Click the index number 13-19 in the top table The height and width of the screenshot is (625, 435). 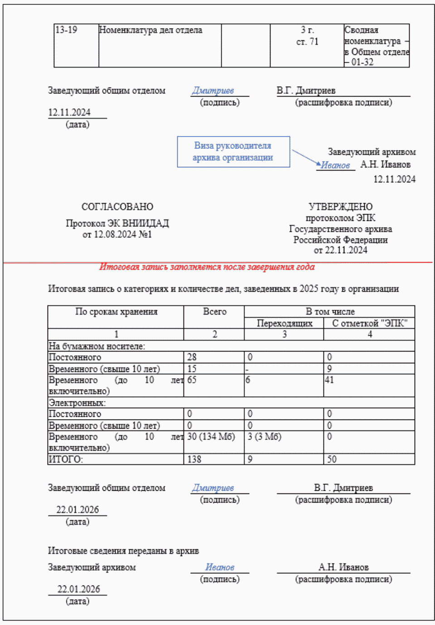[66, 30]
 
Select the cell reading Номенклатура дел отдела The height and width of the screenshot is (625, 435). [150, 30]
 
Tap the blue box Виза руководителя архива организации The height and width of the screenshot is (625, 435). [233, 151]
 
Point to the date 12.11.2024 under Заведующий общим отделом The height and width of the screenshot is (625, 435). [69, 112]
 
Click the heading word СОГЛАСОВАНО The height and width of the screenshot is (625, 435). [117, 207]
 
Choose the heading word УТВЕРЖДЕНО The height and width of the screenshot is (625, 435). [340, 207]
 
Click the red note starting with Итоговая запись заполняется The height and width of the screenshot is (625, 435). [207, 267]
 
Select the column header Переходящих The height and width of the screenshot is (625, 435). [284, 323]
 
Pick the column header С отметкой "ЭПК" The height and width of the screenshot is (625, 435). [369, 323]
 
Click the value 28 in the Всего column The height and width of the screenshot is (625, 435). [192, 357]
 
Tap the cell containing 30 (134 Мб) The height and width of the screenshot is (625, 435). [211, 437]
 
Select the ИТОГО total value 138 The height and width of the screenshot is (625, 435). [194, 459]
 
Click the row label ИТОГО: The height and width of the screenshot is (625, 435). [66, 459]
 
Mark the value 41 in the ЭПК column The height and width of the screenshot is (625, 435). [329, 380]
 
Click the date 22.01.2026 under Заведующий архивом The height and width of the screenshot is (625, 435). [78, 589]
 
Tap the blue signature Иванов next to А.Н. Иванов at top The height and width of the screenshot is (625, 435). [335, 165]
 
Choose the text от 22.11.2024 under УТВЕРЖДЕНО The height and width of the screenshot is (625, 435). [340, 250]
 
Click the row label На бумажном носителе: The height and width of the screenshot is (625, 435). [97, 346]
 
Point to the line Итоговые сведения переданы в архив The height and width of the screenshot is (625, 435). [123, 551]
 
